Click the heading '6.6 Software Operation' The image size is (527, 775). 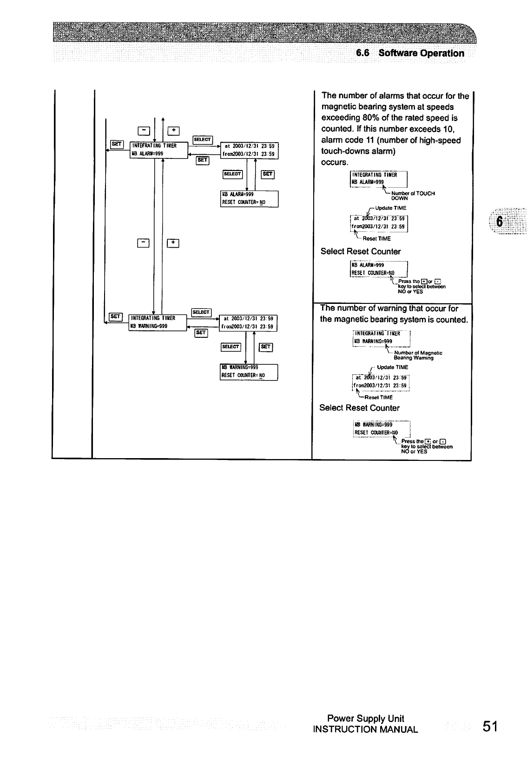(410, 53)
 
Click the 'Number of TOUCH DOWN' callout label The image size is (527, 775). (413, 195)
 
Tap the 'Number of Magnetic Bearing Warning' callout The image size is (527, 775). (417, 355)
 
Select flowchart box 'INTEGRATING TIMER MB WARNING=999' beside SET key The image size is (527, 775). (157, 322)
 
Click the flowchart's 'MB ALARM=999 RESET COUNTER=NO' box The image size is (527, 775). (249, 198)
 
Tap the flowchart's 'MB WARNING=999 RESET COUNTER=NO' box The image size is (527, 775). (248, 372)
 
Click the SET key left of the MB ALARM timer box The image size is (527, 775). (116, 144)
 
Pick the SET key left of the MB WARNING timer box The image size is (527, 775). (115, 316)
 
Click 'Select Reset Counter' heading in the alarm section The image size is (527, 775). (361, 251)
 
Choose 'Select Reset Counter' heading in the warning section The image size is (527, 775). (359, 408)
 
